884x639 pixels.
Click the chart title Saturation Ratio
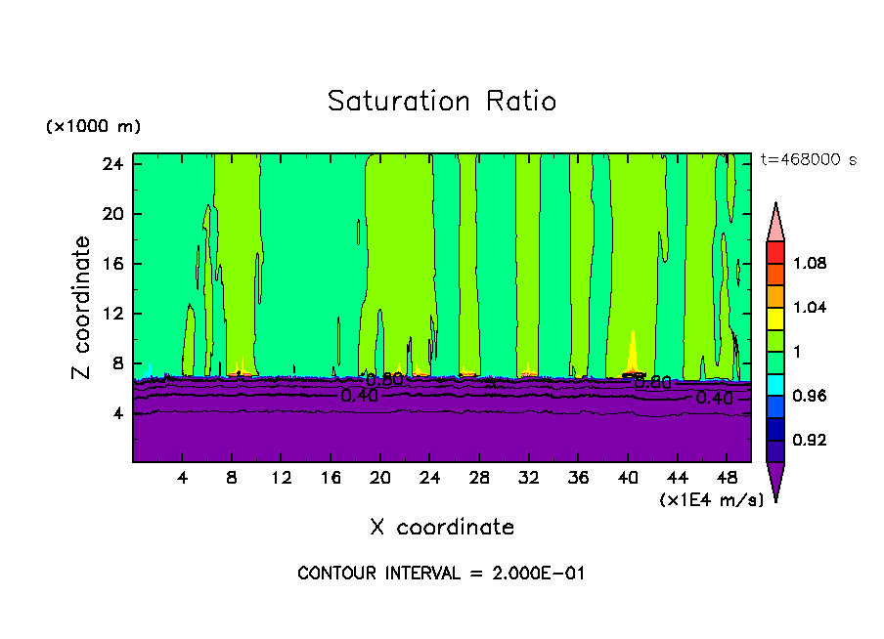pyautogui.click(x=442, y=102)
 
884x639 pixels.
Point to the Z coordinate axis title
pyautogui.click(x=82, y=308)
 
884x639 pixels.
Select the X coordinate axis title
pyautogui.click(x=442, y=528)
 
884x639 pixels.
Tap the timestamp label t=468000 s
pyautogui.click(x=809, y=160)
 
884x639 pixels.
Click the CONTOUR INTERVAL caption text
pyautogui.click(x=441, y=574)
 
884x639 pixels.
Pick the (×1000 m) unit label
pyautogui.click(x=93, y=127)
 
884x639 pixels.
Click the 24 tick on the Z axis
pyautogui.click(x=111, y=164)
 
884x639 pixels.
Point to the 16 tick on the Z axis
pyautogui.click(x=111, y=264)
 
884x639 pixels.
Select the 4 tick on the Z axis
pyautogui.click(x=116, y=413)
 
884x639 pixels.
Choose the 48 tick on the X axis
pyautogui.click(x=728, y=479)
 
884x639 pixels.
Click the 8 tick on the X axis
pyautogui.click(x=232, y=479)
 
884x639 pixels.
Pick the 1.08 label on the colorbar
pyautogui.click(x=810, y=264)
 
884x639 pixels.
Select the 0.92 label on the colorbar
pyautogui.click(x=810, y=441)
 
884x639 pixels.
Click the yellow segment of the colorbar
pyautogui.click(x=775, y=317)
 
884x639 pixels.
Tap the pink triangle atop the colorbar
pyautogui.click(x=775, y=221)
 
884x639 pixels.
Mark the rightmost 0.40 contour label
pyautogui.click(x=714, y=399)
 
